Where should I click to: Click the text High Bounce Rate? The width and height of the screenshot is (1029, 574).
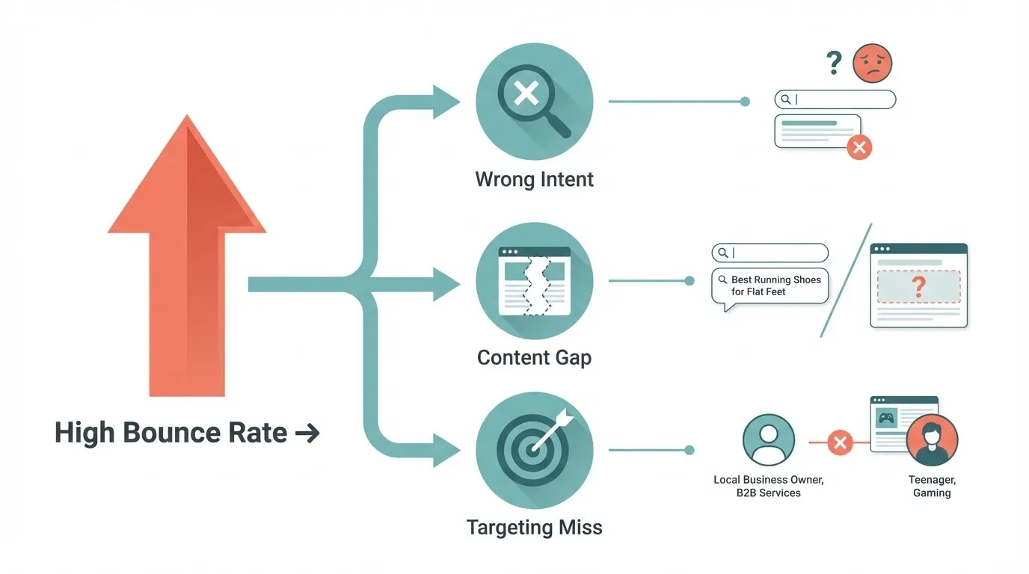(x=171, y=433)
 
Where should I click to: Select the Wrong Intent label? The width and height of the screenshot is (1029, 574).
(x=534, y=179)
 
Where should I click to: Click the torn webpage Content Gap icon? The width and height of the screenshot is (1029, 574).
(x=534, y=281)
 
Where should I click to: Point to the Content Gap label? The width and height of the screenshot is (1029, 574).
(x=534, y=357)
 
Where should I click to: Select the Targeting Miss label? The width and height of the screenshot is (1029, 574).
(x=534, y=528)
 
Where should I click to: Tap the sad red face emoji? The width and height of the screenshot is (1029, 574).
(x=872, y=63)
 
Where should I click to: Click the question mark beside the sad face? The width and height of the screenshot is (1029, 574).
(x=835, y=63)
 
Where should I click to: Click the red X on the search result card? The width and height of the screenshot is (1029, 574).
(x=859, y=147)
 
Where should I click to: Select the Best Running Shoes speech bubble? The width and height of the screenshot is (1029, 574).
(x=770, y=286)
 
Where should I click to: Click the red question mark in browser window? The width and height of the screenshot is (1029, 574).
(x=919, y=286)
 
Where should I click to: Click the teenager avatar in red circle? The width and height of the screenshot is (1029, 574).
(x=932, y=441)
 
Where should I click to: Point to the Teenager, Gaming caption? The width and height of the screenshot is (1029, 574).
(x=932, y=487)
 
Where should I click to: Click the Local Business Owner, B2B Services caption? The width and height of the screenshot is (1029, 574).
(x=768, y=487)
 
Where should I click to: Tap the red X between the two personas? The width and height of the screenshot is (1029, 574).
(x=840, y=442)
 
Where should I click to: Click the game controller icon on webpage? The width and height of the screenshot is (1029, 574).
(x=886, y=419)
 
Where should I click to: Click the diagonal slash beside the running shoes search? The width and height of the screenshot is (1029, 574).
(x=846, y=280)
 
